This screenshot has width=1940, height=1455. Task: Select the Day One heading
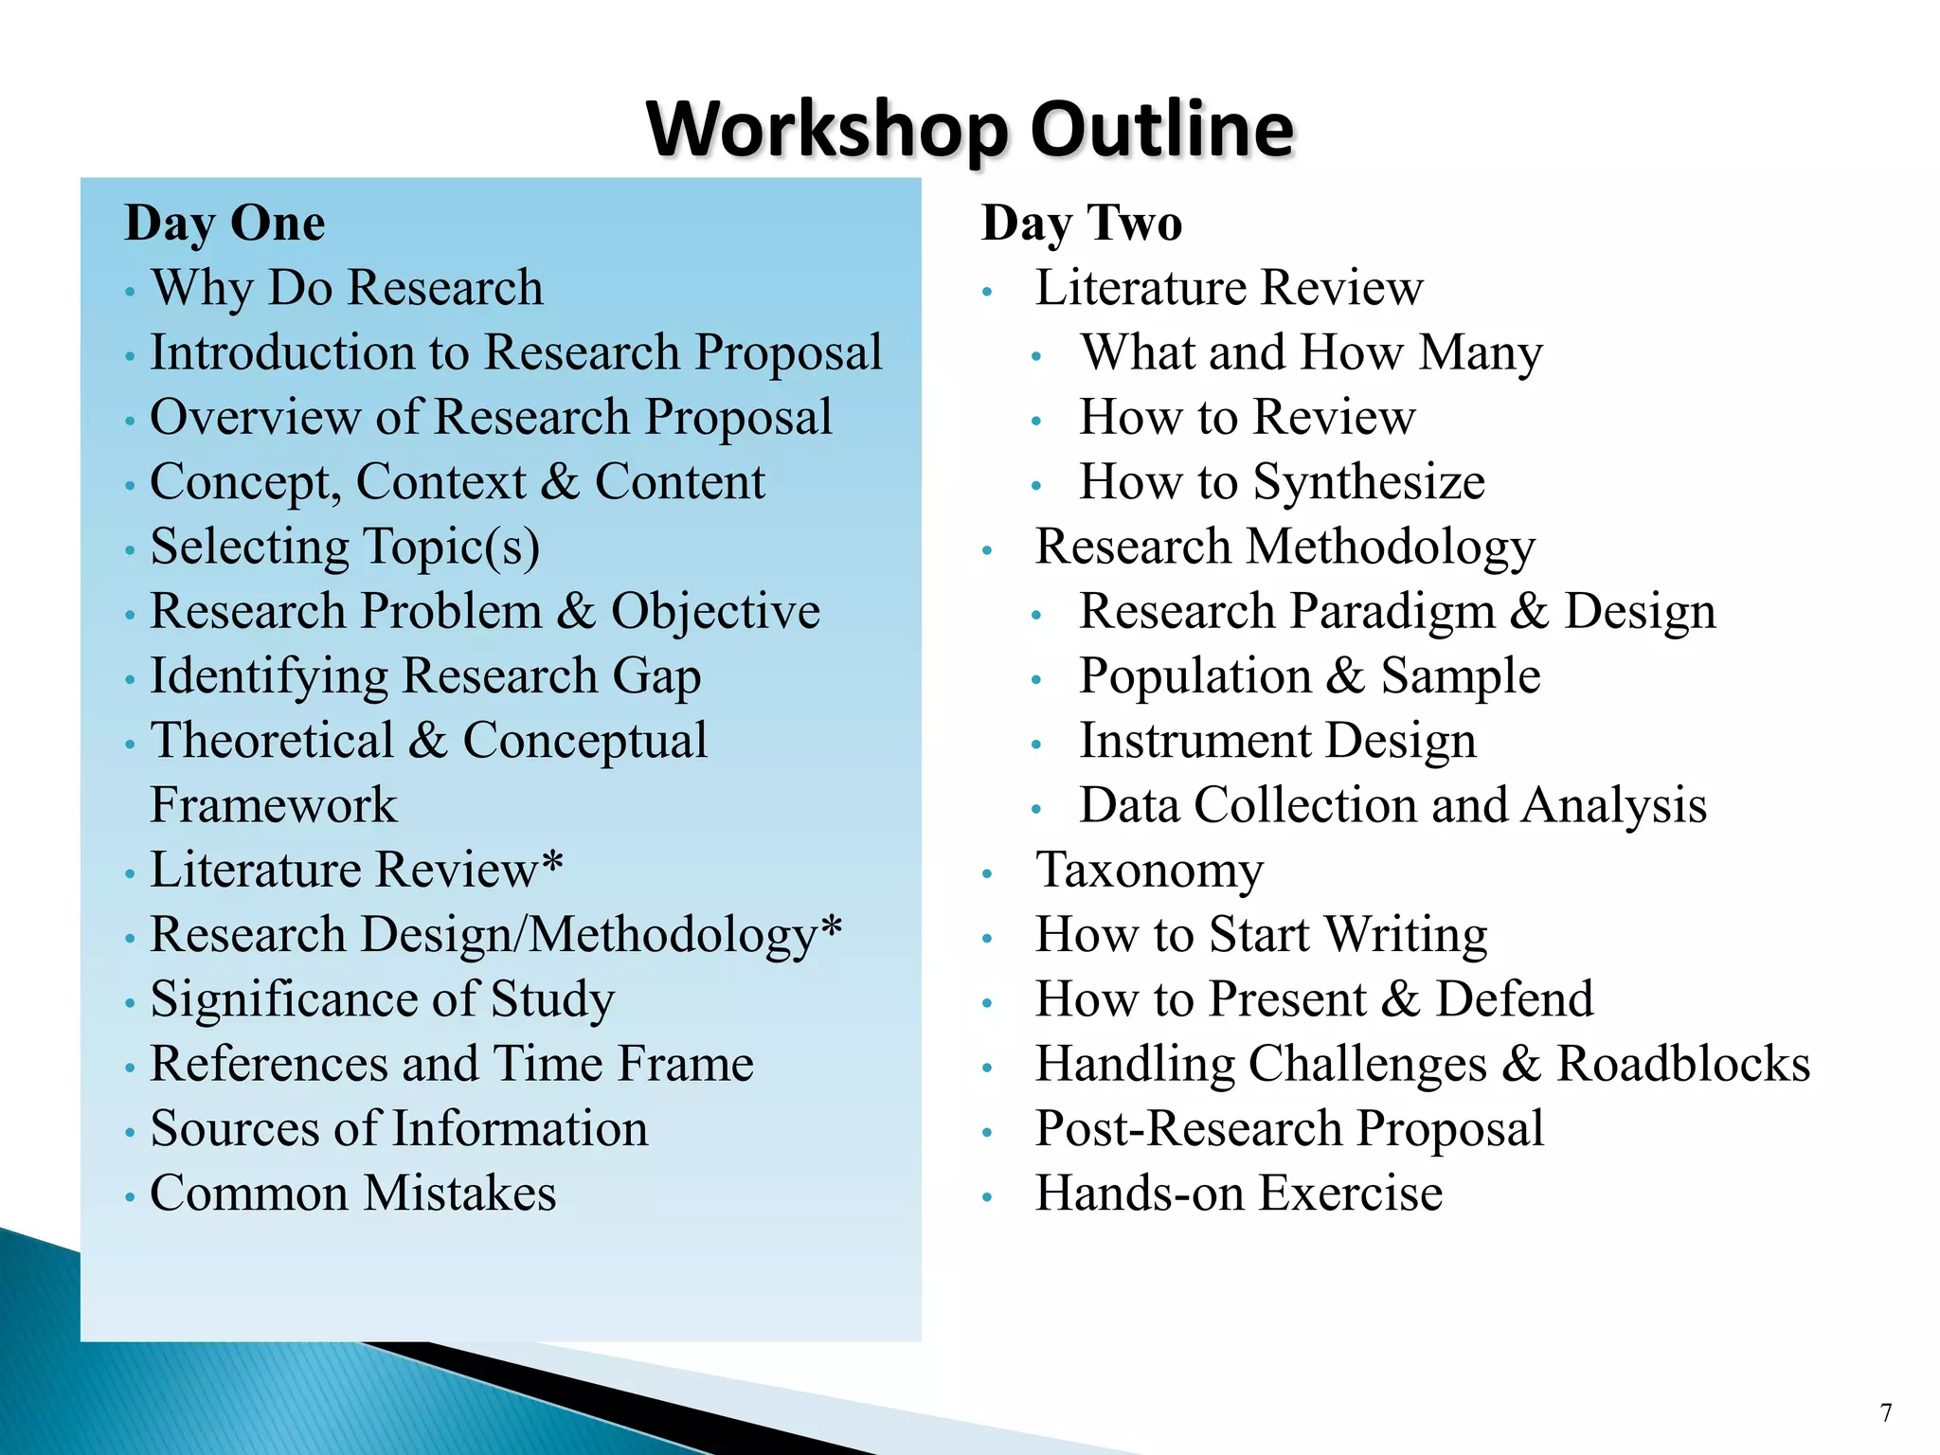pos(225,224)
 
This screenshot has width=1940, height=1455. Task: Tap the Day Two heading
pos(1082,224)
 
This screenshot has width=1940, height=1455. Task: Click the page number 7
pos(1886,1413)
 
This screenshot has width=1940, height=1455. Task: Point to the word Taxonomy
pos(1149,870)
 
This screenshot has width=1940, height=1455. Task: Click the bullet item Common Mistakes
pos(353,1193)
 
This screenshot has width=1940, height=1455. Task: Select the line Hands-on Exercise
pos(1238,1193)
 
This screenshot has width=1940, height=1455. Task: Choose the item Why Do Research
pos(348,288)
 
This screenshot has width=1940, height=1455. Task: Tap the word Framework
pos(274,805)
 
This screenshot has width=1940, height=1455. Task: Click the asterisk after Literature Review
pos(551,862)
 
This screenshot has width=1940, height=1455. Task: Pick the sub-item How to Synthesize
pos(1282,482)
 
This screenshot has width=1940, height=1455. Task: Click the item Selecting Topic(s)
pos(346,547)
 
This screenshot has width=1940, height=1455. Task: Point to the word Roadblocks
pos(1683,1064)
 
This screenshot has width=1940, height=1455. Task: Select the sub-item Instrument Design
pos(1278,741)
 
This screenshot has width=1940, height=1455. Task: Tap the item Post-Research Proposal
pos(1289,1128)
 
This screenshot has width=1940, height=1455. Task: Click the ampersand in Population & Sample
pos(1345,676)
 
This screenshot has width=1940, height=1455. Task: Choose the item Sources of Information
pos(399,1128)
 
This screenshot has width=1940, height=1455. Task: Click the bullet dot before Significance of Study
pos(130,1002)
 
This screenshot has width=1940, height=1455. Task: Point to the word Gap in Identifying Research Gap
pos(656,676)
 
